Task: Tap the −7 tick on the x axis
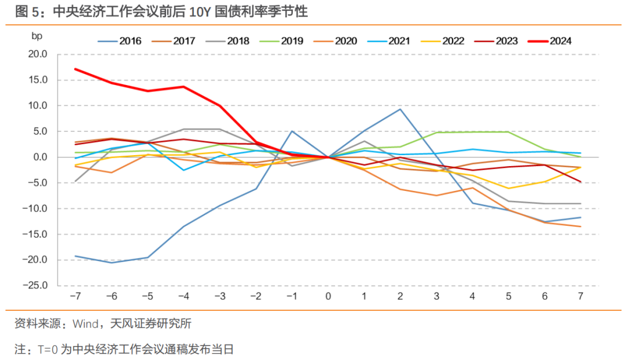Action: click(x=75, y=296)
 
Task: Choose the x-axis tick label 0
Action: click(x=328, y=296)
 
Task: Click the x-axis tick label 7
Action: click(x=581, y=296)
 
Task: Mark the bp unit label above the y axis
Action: click(x=37, y=36)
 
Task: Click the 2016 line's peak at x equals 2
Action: click(x=400, y=109)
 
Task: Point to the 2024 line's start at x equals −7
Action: click(x=75, y=69)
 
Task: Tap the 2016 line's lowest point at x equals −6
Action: click(x=111, y=263)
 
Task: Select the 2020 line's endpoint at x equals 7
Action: click(x=581, y=226)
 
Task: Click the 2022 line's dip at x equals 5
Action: click(x=509, y=188)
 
